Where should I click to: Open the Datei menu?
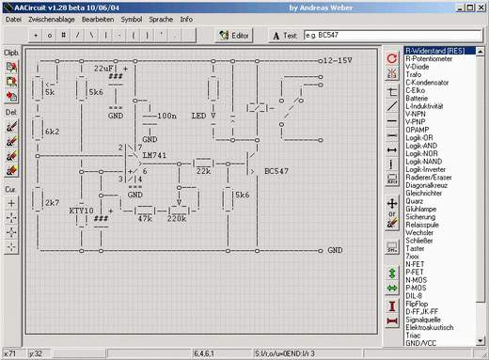pos(13,18)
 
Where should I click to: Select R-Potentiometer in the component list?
pos(432,58)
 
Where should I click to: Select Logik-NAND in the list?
pos(425,160)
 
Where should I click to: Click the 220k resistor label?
pos(176,218)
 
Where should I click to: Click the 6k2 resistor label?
pos(52,133)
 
